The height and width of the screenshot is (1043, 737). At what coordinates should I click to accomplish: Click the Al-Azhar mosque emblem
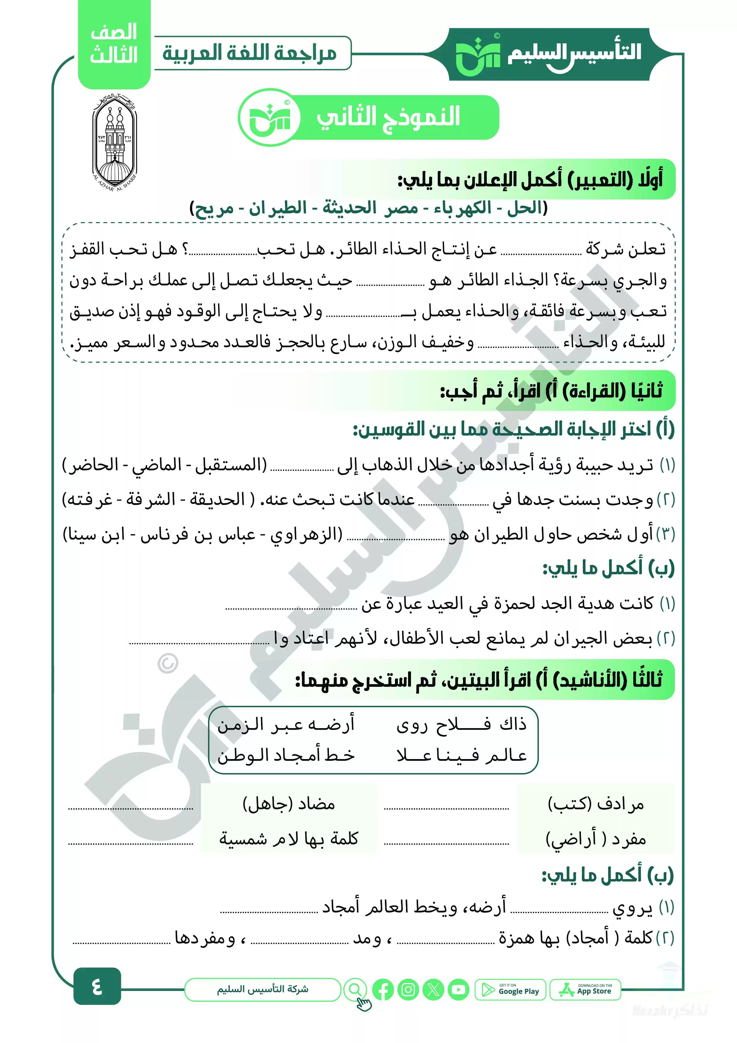(114, 142)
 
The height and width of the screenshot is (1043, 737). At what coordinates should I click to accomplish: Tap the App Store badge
(585, 989)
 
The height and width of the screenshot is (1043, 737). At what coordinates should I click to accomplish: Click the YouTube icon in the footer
(458, 990)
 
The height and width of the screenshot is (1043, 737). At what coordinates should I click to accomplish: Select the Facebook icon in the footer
(383, 990)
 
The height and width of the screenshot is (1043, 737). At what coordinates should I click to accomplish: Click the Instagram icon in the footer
(408, 990)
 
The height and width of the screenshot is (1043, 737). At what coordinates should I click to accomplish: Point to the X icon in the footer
(433, 990)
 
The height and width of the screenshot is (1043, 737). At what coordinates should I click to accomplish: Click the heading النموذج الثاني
(388, 117)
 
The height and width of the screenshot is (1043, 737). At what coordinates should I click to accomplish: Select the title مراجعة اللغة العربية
(250, 53)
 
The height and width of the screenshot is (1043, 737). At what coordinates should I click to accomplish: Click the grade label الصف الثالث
(114, 44)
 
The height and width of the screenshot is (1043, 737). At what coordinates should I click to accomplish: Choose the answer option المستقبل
(231, 465)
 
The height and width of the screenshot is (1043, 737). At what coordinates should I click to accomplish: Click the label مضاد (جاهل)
(289, 804)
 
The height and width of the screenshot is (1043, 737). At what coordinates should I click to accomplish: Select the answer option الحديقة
(217, 499)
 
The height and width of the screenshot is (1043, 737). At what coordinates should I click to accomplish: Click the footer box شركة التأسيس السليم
(262, 989)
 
